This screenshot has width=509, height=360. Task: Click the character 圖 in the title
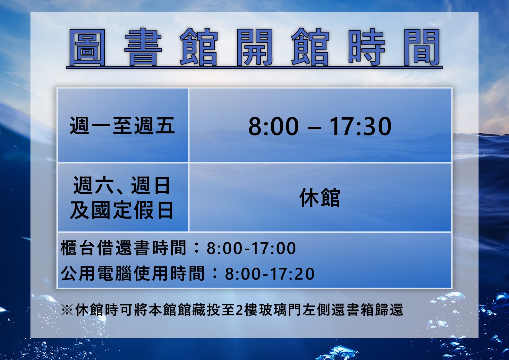pyautogui.click(x=87, y=47)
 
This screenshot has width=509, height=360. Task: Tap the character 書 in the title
pyautogui.click(x=143, y=47)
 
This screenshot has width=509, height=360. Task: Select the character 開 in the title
pyautogui.click(x=255, y=47)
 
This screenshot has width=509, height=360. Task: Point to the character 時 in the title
pyautogui.click(x=367, y=47)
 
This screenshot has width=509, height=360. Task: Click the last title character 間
pyautogui.click(x=422, y=47)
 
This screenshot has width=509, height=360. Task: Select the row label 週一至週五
pyautogui.click(x=122, y=126)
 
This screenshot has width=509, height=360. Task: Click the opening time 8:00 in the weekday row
pyautogui.click(x=273, y=126)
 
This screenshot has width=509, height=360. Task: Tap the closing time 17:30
pyautogui.click(x=361, y=126)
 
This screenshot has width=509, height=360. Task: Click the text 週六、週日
pyautogui.click(x=122, y=186)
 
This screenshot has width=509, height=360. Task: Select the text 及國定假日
pyautogui.click(x=122, y=210)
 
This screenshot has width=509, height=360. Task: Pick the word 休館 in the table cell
pyautogui.click(x=320, y=197)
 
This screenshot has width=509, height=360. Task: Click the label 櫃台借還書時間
pyautogui.click(x=123, y=248)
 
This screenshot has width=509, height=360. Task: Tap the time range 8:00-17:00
pyautogui.click(x=251, y=248)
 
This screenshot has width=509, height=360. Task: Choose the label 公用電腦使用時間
pyautogui.click(x=133, y=273)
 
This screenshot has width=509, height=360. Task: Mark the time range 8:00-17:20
pyautogui.click(x=270, y=274)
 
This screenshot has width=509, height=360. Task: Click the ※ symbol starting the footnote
pyautogui.click(x=67, y=310)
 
